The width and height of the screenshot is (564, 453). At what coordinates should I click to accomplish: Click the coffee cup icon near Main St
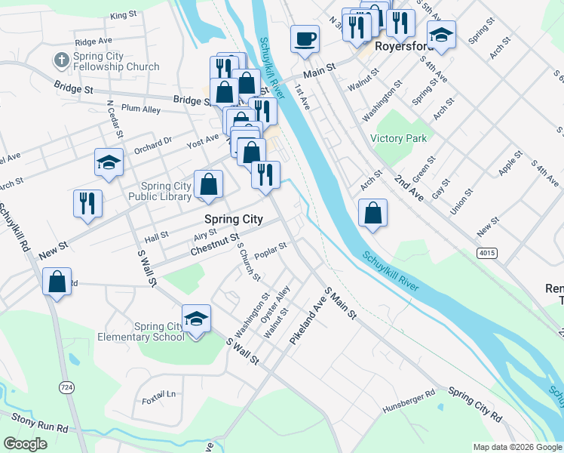305,39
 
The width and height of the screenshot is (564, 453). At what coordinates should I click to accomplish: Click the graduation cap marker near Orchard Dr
109,162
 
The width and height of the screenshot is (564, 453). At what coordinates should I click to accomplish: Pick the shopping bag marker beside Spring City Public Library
208,184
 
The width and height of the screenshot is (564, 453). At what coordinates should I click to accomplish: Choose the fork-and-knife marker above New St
87,203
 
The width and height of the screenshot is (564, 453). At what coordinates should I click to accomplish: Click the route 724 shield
66,387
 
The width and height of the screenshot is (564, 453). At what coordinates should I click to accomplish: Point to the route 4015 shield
486,253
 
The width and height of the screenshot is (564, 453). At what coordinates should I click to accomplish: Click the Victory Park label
399,138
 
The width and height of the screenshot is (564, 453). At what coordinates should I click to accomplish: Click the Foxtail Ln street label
158,394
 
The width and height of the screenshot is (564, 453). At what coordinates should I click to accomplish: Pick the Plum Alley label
141,109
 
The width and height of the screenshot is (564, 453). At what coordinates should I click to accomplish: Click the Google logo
25,444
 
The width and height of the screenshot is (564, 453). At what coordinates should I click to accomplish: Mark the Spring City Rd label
475,405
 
